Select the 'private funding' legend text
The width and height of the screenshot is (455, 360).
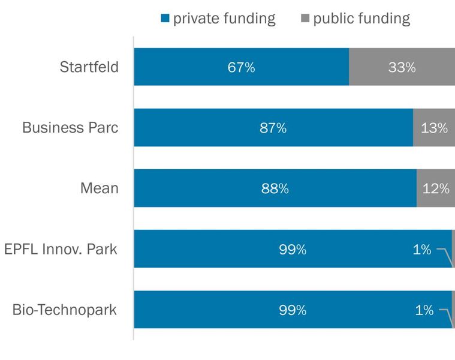coord(224,19)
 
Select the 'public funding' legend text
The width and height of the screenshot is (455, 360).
coord(361,19)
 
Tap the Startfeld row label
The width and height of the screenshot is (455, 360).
coord(89,67)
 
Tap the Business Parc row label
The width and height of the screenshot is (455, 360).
coord(70,127)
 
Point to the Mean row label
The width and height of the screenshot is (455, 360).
coord(100,188)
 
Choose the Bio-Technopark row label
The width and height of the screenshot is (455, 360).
coord(65,310)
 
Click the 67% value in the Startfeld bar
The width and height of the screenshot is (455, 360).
coord(241,67)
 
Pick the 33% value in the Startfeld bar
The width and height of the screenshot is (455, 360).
coord(402,67)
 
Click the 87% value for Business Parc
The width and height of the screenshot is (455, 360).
coord(273,128)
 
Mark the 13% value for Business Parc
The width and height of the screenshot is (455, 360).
coord(434,128)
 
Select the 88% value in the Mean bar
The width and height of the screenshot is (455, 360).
coord(275,188)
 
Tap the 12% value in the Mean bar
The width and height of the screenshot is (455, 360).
coord(435,188)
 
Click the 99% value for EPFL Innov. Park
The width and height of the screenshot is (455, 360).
coord(293,250)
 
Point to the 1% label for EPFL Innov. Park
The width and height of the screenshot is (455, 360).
coord(422,250)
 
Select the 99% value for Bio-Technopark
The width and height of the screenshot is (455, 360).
coord(293,310)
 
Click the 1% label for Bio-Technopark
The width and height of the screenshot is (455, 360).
coord(424,310)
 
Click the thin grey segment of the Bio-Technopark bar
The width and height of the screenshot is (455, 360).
coord(453,310)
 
